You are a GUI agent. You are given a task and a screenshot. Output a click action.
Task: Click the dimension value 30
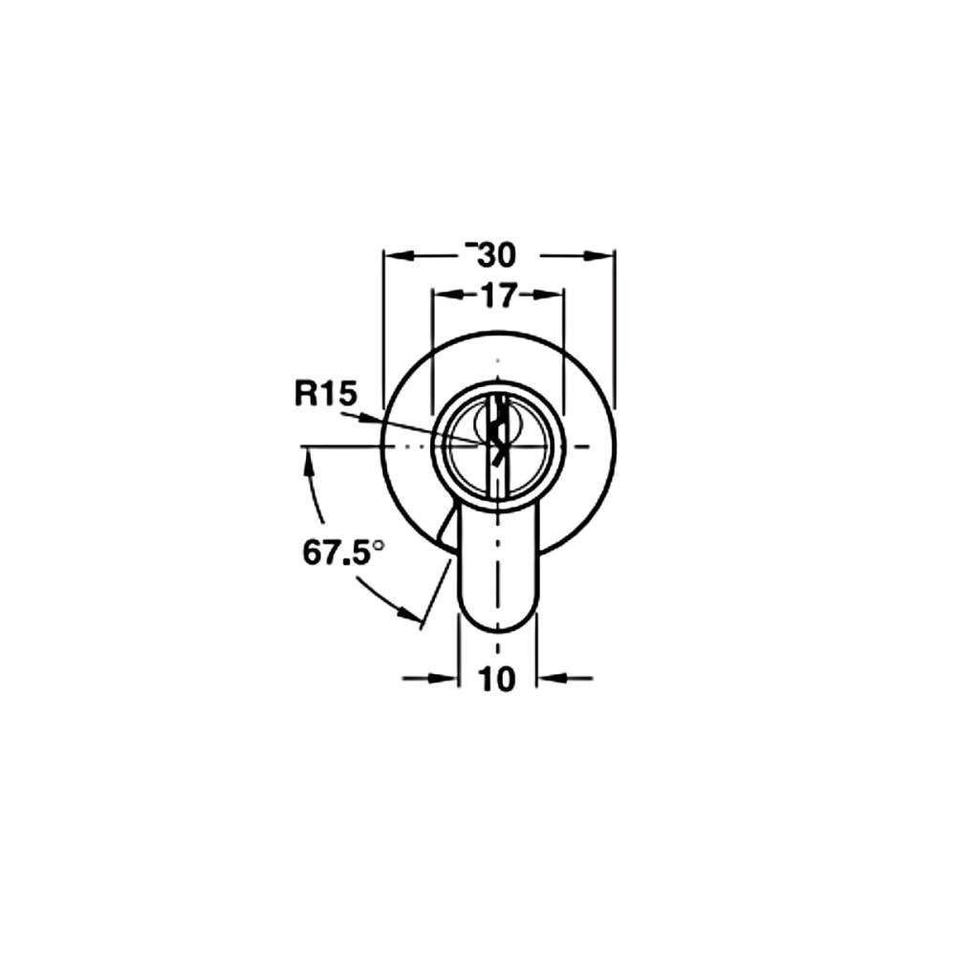point(497,255)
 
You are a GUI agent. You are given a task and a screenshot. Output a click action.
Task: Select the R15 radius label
point(324,394)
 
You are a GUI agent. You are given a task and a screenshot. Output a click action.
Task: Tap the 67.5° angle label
point(344,554)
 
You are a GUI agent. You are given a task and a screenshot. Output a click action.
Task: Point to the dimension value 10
point(497,679)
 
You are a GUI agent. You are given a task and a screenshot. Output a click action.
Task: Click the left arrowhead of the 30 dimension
point(398,256)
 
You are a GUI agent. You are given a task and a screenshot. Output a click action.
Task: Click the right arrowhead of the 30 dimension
point(598,256)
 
